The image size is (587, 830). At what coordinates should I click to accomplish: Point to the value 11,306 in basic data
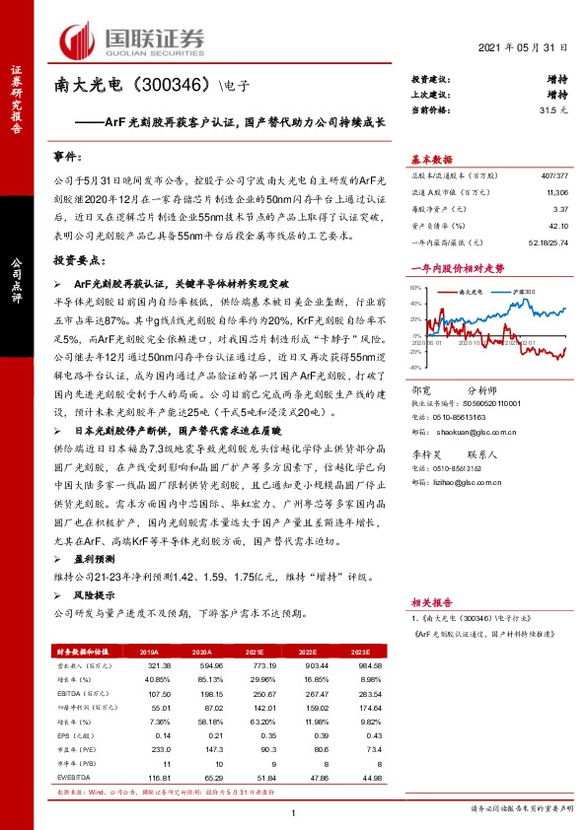[555, 194]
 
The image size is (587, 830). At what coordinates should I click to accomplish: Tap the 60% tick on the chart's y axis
[416, 289]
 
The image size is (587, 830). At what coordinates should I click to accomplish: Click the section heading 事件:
[68, 157]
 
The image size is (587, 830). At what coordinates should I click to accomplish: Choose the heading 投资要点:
[77, 260]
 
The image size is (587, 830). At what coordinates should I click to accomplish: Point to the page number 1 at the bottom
[294, 811]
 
